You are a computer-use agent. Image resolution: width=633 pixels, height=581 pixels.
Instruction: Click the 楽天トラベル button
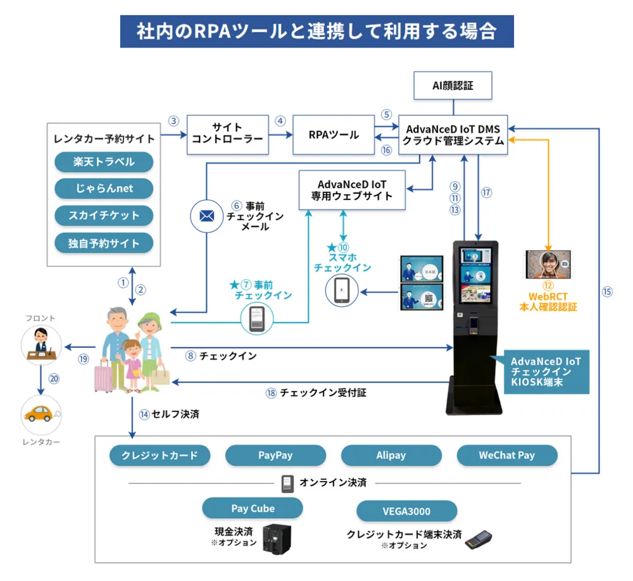click(104, 162)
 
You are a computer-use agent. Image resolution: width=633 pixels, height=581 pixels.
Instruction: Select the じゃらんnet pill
click(104, 189)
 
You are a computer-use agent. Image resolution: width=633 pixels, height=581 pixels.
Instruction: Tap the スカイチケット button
click(104, 216)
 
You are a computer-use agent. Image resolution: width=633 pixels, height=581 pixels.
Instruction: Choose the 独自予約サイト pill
click(104, 243)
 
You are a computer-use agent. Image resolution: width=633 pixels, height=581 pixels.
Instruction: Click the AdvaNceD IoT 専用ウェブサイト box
click(352, 190)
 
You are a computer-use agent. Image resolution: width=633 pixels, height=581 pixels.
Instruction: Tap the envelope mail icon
click(206, 216)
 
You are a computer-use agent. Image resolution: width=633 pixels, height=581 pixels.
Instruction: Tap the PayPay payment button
click(275, 455)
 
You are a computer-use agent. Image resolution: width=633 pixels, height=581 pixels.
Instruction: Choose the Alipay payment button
click(391, 455)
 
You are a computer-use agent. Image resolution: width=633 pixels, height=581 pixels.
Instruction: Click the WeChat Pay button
click(506, 455)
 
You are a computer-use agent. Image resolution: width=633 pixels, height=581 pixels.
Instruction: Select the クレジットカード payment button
click(160, 455)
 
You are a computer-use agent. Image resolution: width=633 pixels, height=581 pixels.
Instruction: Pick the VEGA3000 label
click(406, 511)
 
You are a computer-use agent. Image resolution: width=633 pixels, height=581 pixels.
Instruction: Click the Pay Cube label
click(252, 508)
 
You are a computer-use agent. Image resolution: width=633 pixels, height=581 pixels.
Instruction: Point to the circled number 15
click(607, 292)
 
